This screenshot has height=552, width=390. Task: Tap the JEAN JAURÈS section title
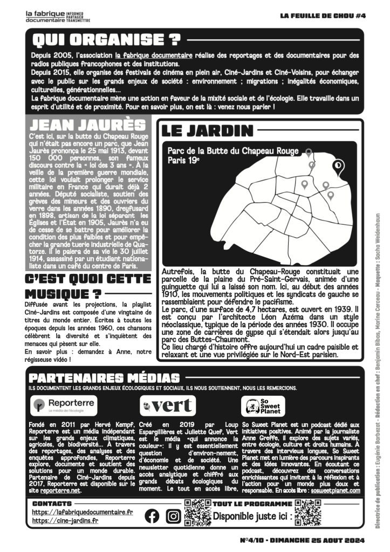coord(85,125)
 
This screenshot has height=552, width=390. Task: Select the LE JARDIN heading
coord(207,130)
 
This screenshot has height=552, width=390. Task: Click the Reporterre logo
coord(64,404)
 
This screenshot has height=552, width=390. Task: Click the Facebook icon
coord(153,516)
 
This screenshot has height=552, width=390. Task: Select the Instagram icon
coord(173,516)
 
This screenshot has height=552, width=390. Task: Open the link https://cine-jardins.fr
coord(65,521)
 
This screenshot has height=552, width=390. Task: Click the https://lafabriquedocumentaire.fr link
coord(82,512)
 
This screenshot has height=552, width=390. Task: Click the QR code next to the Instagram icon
coord(197,513)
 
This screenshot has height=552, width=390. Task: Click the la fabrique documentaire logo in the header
coord(57,16)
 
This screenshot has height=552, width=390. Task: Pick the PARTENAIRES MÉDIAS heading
coord(104,377)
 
